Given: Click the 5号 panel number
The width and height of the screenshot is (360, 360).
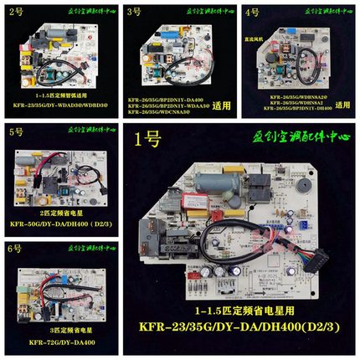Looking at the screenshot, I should coord(14,132).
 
